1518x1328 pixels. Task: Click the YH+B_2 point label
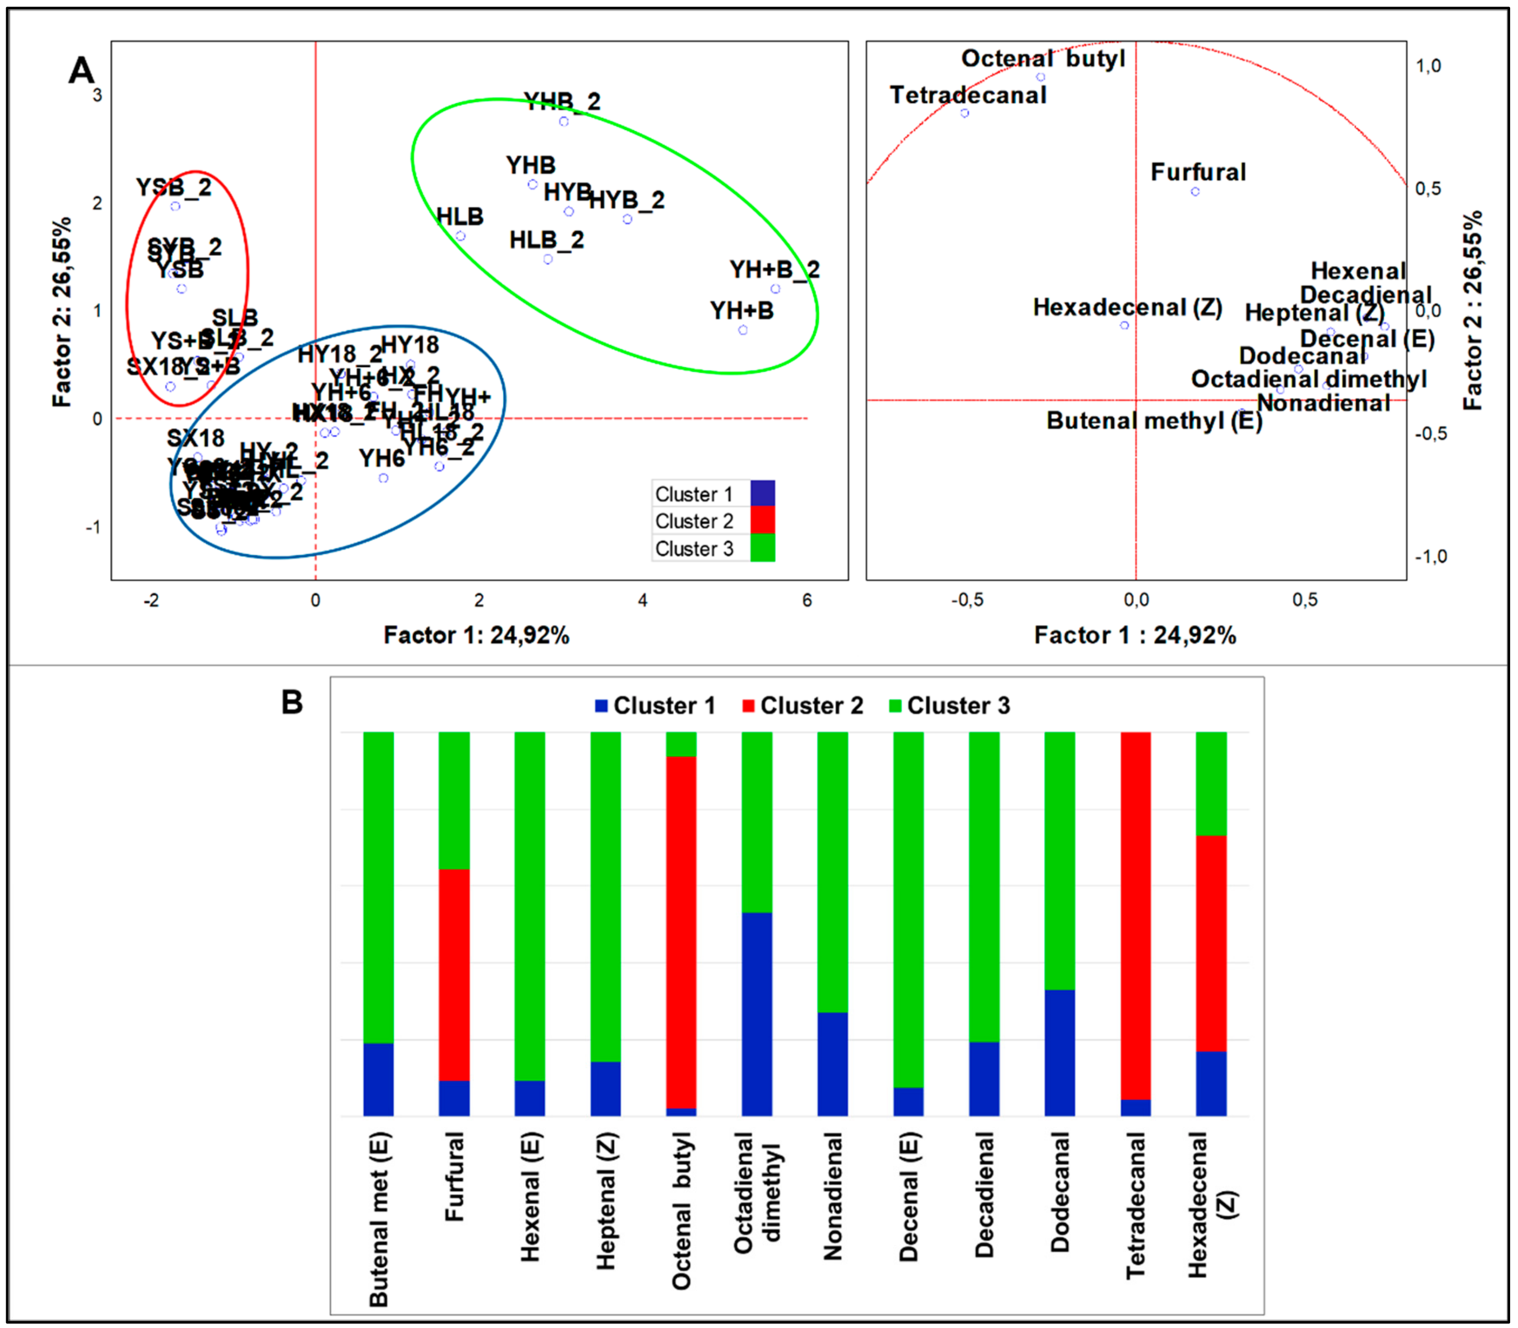(x=774, y=270)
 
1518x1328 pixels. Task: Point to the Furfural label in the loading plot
(x=1198, y=172)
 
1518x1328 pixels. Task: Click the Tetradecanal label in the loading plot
(x=968, y=95)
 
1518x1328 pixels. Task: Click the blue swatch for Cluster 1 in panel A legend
(x=763, y=493)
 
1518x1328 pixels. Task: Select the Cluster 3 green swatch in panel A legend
(x=763, y=549)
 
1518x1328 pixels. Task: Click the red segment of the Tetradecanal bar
(x=1135, y=915)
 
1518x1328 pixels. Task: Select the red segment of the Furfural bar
(x=455, y=975)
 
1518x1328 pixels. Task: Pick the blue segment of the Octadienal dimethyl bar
(x=757, y=1014)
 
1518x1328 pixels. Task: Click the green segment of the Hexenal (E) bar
(x=530, y=905)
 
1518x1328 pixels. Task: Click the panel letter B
(x=292, y=702)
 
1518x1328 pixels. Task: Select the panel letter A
(x=82, y=71)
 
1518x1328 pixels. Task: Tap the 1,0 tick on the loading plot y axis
(x=1428, y=66)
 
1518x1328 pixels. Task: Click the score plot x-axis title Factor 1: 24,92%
(x=477, y=635)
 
